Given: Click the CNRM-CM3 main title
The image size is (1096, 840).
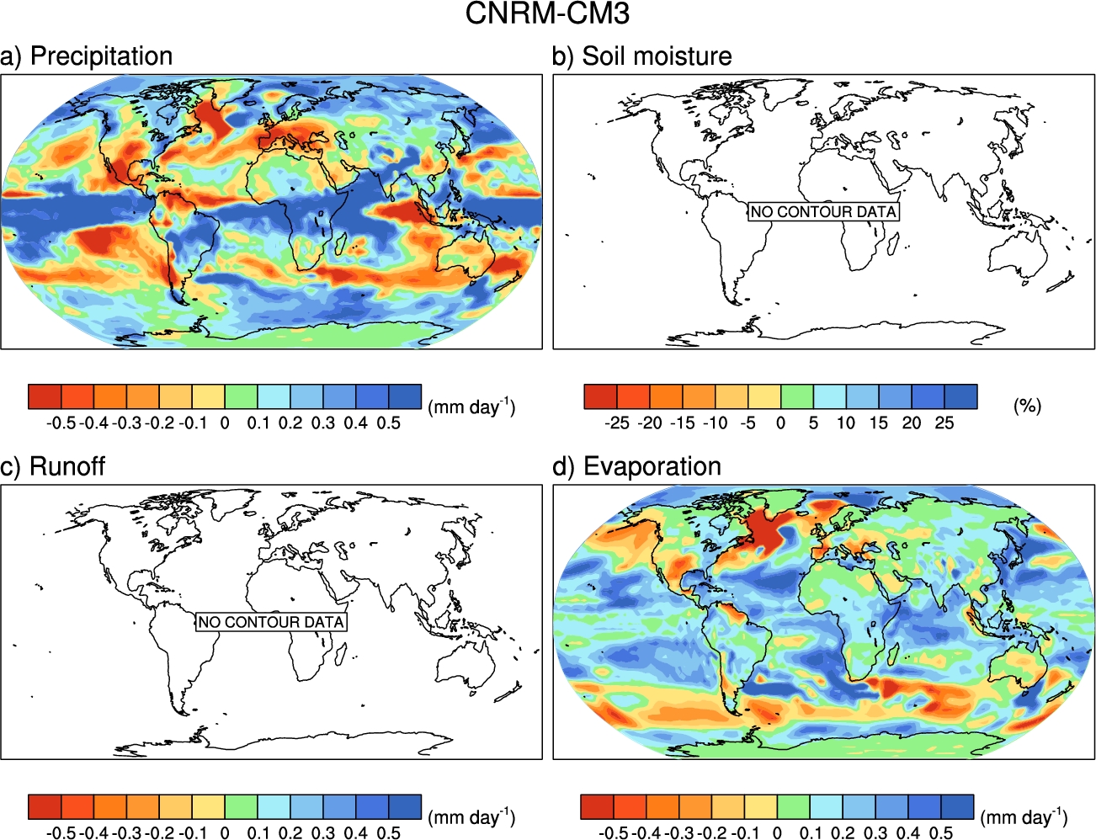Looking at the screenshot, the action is click(x=547, y=13).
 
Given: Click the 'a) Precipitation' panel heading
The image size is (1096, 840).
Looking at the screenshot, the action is click(x=86, y=56).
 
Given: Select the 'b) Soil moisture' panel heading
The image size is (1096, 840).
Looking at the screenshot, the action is click(x=641, y=56).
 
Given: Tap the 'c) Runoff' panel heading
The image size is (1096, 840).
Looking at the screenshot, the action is click(x=52, y=466).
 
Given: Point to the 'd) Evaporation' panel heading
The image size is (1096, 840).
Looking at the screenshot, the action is click(x=636, y=466).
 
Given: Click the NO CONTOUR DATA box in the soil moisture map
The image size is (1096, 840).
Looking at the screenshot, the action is click(x=823, y=211).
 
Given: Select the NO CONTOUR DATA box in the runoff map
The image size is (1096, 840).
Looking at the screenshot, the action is click(x=271, y=622).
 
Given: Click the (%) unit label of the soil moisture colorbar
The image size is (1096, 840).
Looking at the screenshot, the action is click(x=1028, y=406).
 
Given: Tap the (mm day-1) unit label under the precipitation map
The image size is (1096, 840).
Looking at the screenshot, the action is click(x=471, y=406).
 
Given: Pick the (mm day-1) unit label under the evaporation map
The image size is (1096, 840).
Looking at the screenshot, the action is click(x=1024, y=816).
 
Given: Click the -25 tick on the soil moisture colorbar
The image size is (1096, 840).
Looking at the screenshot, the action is click(x=617, y=423).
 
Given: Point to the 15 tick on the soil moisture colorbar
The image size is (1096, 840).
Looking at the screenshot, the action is click(x=878, y=423).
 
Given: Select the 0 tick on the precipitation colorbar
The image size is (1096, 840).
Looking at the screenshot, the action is click(x=225, y=423).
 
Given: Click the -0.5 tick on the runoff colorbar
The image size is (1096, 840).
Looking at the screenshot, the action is click(x=61, y=833).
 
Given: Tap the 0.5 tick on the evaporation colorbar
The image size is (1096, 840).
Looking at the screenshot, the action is click(x=940, y=833).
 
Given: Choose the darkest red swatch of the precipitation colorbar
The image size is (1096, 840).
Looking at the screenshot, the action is click(x=45, y=396).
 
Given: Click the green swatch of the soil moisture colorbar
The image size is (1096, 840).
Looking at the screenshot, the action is click(x=797, y=396).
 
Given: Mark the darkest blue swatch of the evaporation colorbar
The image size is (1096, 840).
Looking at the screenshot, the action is click(x=957, y=806).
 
